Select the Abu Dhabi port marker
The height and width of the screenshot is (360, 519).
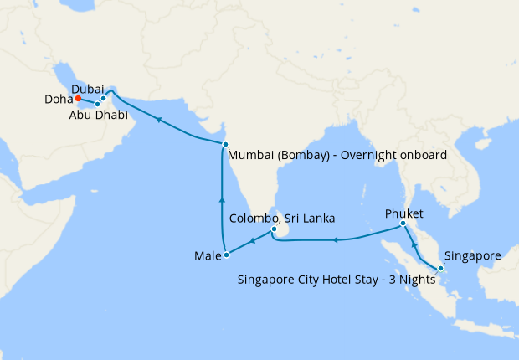pyautogui.click(x=97, y=104)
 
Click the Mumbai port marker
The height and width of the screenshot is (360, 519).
pyautogui.click(x=225, y=145)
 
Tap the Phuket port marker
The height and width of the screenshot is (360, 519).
pyautogui.click(x=403, y=224)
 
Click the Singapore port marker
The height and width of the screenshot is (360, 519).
pyautogui.click(x=440, y=268)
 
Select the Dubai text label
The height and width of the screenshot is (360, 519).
pyautogui.click(x=88, y=88)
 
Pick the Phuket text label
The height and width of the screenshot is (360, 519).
pyautogui.click(x=404, y=213)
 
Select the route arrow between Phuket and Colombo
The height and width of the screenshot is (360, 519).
pyautogui.click(x=335, y=240)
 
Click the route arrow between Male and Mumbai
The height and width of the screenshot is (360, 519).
pyautogui.click(x=222, y=200)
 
